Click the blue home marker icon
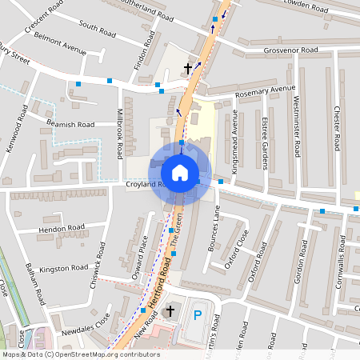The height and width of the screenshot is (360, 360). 180,173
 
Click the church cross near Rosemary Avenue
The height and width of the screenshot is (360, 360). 189,69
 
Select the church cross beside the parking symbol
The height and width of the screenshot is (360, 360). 170,310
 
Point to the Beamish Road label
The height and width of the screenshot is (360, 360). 70,125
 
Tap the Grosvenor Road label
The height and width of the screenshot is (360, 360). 291,50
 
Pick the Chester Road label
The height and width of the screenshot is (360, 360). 337,131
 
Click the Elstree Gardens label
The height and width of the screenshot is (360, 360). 264,145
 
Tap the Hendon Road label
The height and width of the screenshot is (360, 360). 62,227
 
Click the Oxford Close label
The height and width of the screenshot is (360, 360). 238,249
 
